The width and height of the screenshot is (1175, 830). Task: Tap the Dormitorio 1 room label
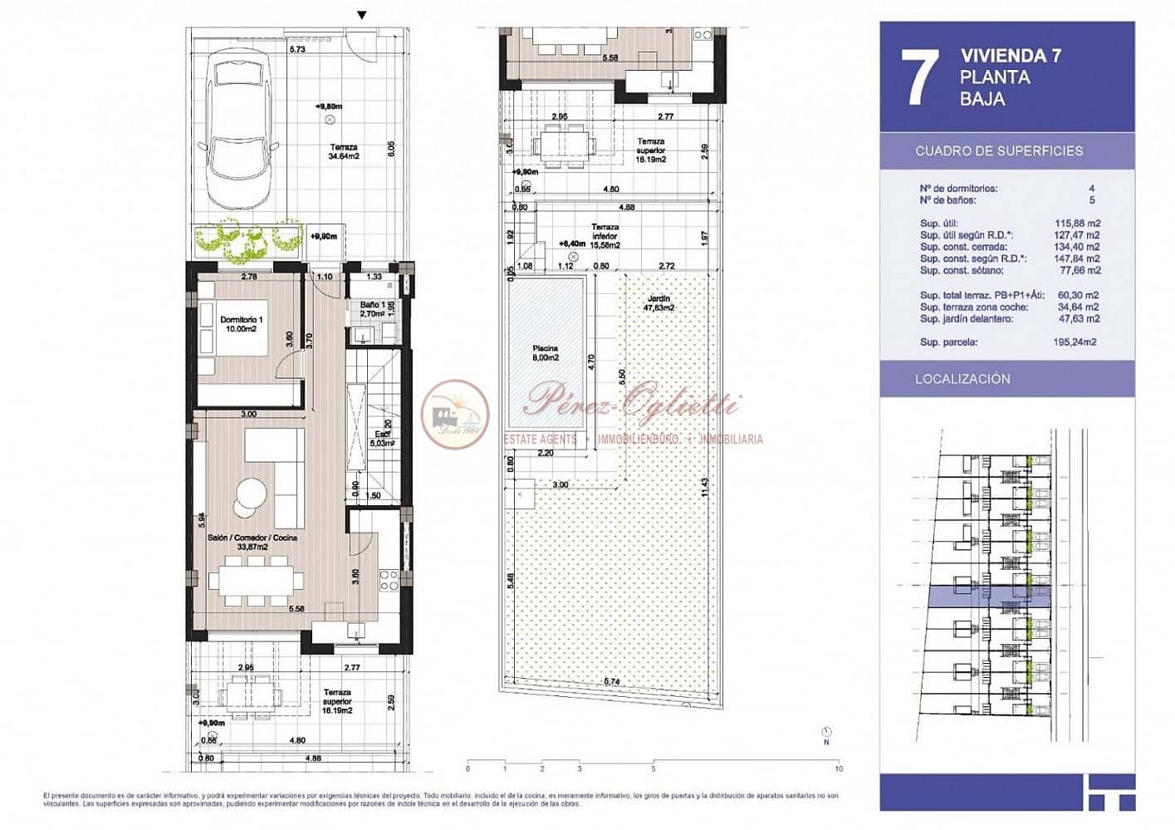[x=241, y=324]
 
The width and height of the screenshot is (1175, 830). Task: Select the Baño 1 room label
[x=371, y=310]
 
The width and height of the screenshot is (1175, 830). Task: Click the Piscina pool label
[x=545, y=353]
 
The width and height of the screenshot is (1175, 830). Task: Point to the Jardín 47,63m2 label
[x=658, y=303]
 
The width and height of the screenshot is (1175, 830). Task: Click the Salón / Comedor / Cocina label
[x=252, y=543]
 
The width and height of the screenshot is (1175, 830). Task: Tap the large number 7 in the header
[x=919, y=77]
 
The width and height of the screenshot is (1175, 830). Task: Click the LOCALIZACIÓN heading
[x=962, y=379]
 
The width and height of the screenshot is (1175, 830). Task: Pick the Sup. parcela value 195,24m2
[x=1075, y=342]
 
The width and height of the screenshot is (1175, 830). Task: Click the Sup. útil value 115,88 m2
[x=1077, y=223]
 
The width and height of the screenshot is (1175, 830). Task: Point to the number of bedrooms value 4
[x=1091, y=189]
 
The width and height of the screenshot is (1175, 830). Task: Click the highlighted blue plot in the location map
[x=988, y=596]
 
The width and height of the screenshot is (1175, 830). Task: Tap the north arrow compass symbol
[x=825, y=732]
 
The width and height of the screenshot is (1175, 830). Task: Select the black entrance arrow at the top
[x=361, y=15]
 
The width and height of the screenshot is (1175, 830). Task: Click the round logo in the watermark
[x=454, y=413]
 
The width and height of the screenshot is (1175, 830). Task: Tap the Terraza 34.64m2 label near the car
[x=343, y=151]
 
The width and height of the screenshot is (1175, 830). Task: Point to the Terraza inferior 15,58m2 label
[x=605, y=236]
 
